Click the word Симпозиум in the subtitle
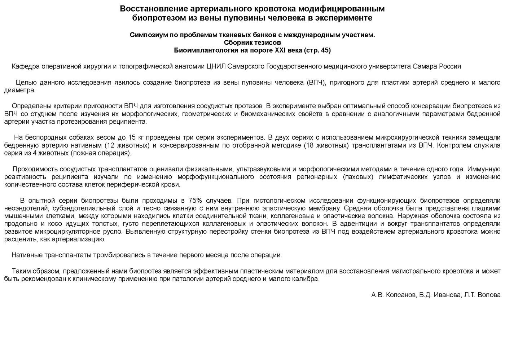(146, 35)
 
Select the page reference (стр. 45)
(317, 50)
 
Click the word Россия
(450, 66)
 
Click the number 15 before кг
(132, 137)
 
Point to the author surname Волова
(489, 295)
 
